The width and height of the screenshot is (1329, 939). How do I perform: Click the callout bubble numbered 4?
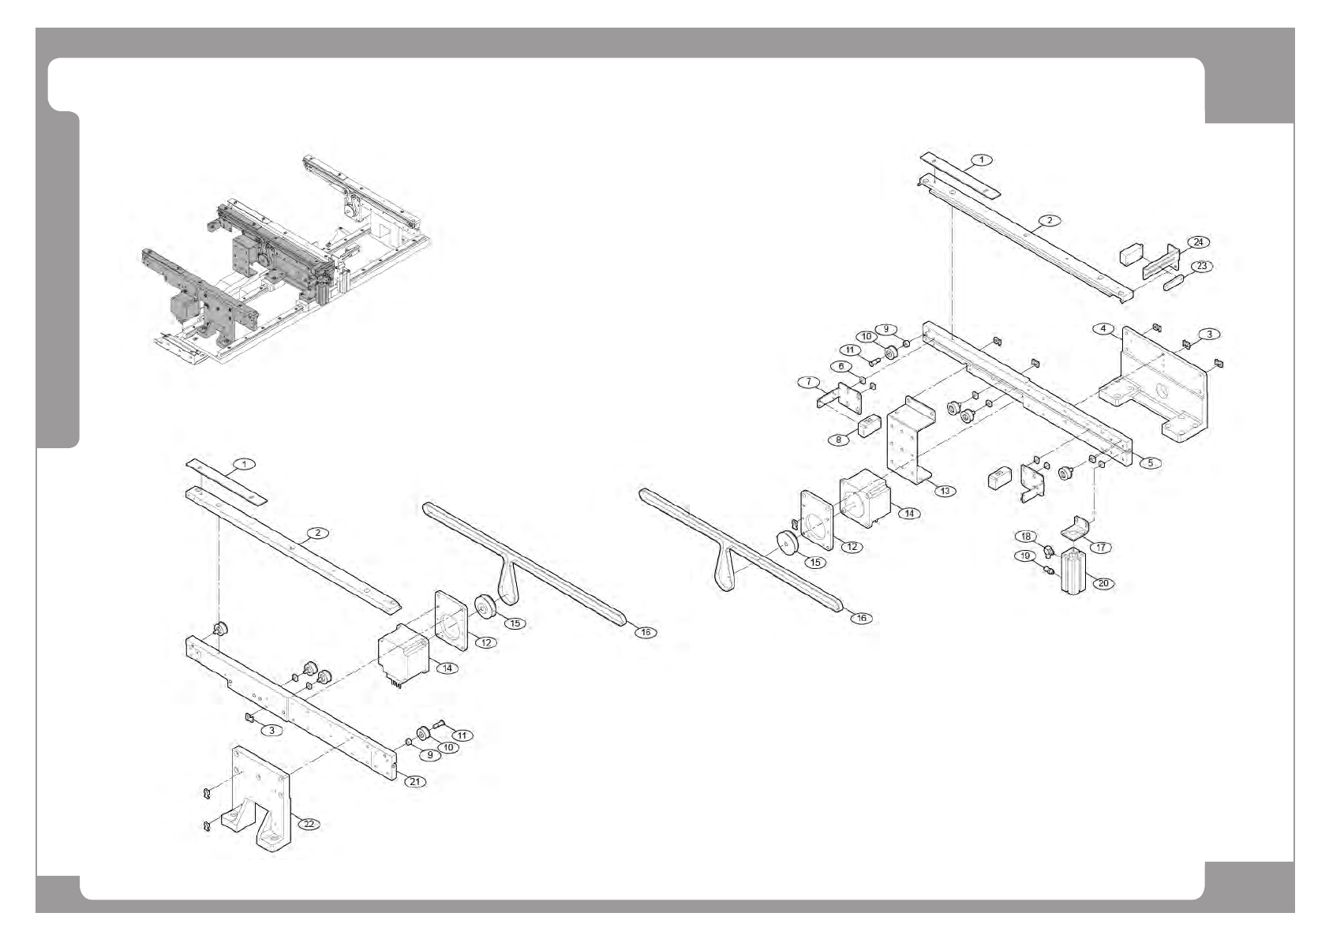[x=1103, y=328]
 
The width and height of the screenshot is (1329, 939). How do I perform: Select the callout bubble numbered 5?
[x=1150, y=462]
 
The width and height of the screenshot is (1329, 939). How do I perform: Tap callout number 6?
[x=841, y=366]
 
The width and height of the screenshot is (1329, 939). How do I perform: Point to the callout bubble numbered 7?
[x=808, y=382]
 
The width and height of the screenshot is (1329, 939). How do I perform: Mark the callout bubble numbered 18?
[x=1026, y=537]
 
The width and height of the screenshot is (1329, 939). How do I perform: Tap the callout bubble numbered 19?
[x=1025, y=556]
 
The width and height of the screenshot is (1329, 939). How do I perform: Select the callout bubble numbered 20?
[x=1103, y=583]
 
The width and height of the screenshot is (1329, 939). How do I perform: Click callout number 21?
[x=416, y=781]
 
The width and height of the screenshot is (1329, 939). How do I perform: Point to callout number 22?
[x=309, y=824]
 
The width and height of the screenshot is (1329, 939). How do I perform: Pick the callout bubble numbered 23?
[x=1201, y=266]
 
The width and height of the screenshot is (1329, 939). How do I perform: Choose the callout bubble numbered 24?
[x=1198, y=241]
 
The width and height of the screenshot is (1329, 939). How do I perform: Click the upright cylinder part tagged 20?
[x=1074, y=572]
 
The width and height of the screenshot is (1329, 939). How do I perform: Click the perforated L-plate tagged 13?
[x=908, y=442]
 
